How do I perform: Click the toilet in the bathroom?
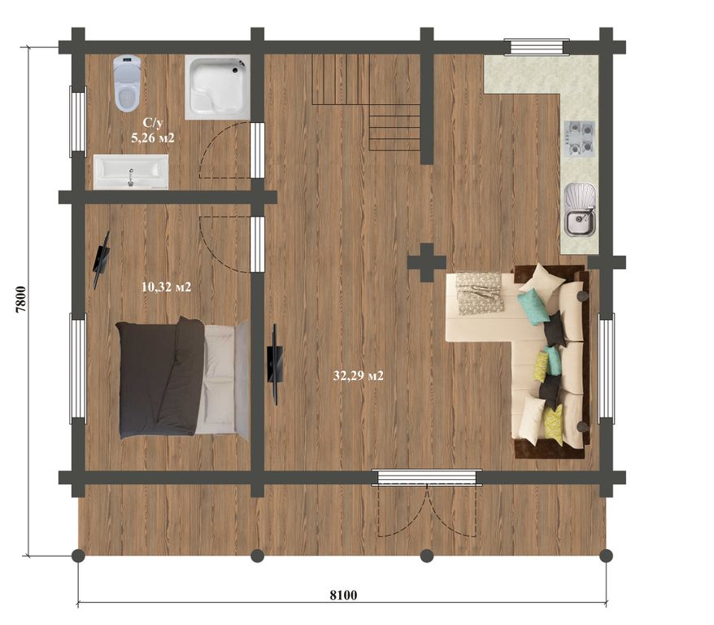pos(127,83)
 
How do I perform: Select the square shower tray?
pos(218,87)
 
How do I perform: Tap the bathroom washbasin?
pos(131,172)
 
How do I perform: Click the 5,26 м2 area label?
pos(153,138)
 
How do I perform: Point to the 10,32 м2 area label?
pos(166,287)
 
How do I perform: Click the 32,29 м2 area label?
pos(359,376)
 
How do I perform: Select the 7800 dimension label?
pos(21,299)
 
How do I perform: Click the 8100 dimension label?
pos(343,595)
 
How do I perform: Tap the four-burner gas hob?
pos(580,138)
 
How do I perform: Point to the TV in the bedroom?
pos(101,260)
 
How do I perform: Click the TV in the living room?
pos(275,364)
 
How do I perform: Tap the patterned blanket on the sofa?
pos(480,293)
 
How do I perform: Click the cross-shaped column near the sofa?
pos(426,262)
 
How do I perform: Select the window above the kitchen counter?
pos(537,47)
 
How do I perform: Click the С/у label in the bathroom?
pos(153,123)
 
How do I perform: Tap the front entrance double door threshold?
pos(427,478)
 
